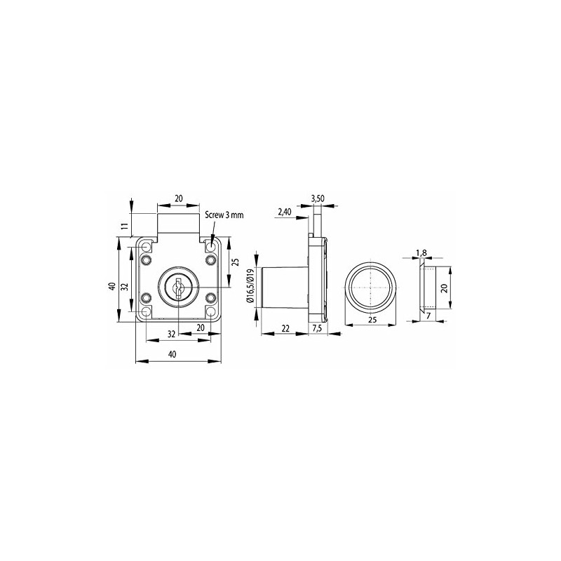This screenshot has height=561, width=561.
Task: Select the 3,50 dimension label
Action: [318, 199]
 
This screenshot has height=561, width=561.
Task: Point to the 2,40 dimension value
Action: [285, 211]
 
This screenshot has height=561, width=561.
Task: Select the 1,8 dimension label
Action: [421, 252]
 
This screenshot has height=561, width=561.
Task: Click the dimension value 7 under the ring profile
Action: [428, 316]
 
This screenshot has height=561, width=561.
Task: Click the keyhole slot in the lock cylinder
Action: [179, 288]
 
